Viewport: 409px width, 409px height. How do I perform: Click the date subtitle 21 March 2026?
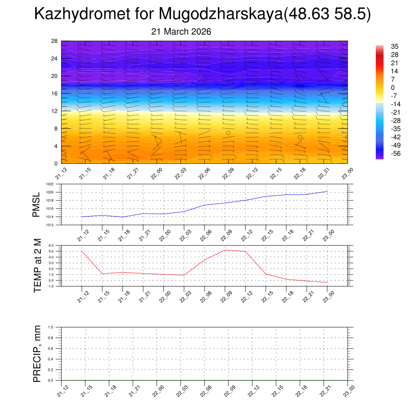tap(181, 31)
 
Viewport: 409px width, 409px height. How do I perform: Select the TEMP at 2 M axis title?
tap(38, 265)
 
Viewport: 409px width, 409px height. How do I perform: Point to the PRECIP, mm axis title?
tap(38, 354)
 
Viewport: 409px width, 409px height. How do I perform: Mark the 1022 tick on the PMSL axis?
tap(50, 184)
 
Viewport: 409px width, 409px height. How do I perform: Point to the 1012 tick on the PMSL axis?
tap(50, 225)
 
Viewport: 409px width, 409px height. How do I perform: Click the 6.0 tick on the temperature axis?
tap(51, 246)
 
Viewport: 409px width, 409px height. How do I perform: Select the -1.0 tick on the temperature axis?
tap(51, 286)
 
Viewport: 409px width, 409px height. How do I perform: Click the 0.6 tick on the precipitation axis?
tap(51, 348)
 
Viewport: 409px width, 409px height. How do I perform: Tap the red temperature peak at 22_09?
tap(225, 250)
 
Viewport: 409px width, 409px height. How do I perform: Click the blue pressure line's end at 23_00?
tap(327, 191)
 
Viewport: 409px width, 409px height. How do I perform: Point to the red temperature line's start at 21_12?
tap(81, 251)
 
